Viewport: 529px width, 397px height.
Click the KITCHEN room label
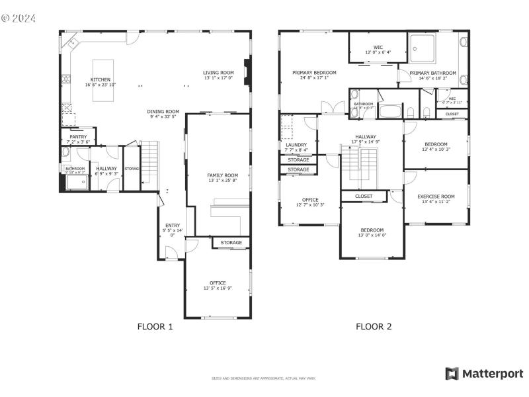click(x=101, y=79)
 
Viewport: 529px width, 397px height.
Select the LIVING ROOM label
click(x=218, y=73)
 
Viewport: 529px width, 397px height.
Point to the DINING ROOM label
click(x=163, y=112)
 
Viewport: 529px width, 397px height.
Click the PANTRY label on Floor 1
click(x=78, y=137)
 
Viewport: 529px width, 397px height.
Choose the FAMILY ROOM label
click(x=218, y=175)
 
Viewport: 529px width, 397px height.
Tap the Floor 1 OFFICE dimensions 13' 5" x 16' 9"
click(x=218, y=288)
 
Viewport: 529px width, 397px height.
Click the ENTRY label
click(x=172, y=226)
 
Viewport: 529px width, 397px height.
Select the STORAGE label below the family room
click(x=231, y=243)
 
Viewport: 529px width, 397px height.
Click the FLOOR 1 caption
click(x=155, y=326)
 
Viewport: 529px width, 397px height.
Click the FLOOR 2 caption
click(x=374, y=326)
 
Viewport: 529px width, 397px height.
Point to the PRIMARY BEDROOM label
click(x=315, y=73)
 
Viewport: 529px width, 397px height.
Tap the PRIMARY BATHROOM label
click(x=432, y=73)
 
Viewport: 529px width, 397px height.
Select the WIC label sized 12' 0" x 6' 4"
click(x=378, y=48)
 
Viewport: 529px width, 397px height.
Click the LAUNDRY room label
click(x=296, y=145)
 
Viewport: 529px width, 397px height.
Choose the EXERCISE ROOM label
click(x=436, y=197)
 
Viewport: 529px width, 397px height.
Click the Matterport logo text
click(x=491, y=374)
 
